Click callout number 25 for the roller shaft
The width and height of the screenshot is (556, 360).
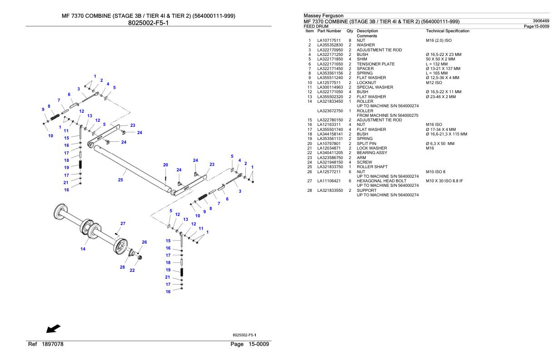tap(120, 180)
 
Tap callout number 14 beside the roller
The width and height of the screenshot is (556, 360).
tap(83, 249)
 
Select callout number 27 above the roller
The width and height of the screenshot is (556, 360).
tap(123, 223)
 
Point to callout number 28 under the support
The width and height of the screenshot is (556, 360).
tap(122, 267)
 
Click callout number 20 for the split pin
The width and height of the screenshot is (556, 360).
tap(166, 165)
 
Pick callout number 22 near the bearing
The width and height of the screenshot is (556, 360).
tap(132, 270)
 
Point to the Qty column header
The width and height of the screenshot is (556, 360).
tap(350, 31)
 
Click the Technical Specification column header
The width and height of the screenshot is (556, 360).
tap(447, 31)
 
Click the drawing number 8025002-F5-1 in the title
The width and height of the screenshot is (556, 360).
tap(149, 22)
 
